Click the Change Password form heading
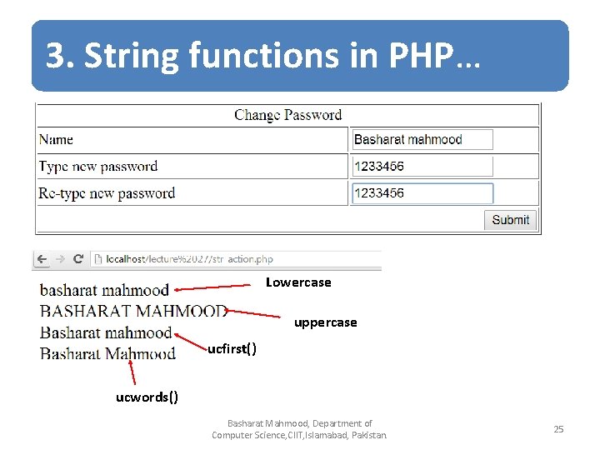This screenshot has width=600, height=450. (287, 115)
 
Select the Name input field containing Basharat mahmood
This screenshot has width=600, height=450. (422, 140)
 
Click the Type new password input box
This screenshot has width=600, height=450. (422, 167)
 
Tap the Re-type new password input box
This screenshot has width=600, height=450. (422, 193)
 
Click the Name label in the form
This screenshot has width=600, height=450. (56, 140)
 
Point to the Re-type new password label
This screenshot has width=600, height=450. (107, 193)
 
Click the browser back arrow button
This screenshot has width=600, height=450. (42, 259)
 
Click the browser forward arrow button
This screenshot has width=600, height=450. (60, 259)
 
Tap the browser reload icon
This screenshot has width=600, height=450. (78, 259)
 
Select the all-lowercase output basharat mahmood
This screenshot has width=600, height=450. (104, 291)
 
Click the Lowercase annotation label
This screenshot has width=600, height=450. (298, 282)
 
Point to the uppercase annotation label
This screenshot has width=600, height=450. (325, 322)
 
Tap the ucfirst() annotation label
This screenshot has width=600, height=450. (232, 348)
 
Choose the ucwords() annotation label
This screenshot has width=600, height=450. (147, 396)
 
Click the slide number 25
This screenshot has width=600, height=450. (558, 429)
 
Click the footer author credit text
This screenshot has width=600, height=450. (300, 429)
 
